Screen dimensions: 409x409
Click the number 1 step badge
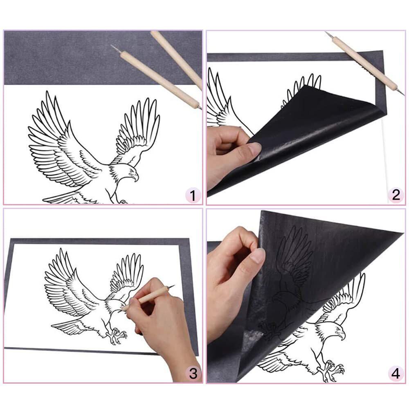tap(193, 196)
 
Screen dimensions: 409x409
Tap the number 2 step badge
tap(396, 195)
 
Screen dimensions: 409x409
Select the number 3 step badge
tap(193, 373)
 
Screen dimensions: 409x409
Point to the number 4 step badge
tap(396, 373)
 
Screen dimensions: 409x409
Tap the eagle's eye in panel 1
tap(131, 171)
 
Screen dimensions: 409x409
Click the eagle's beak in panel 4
tap(342, 335)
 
